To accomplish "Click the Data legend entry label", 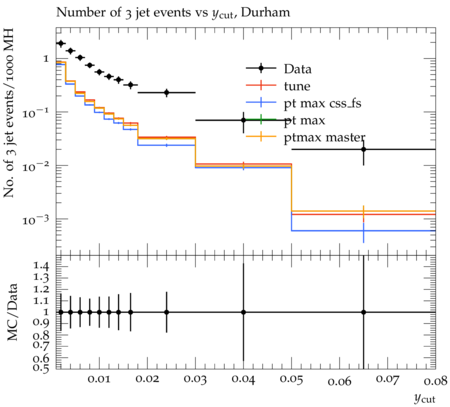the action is pyautogui.click(x=298, y=69).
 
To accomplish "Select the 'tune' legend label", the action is pyautogui.click(x=297, y=86).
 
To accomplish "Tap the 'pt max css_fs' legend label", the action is pyautogui.click(x=322, y=103).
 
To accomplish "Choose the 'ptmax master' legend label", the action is pyautogui.click(x=324, y=138).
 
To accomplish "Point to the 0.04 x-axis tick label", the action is pyautogui.click(x=243, y=379).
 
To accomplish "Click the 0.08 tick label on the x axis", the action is pyautogui.click(x=435, y=380).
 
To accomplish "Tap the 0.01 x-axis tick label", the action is pyautogui.click(x=99, y=379).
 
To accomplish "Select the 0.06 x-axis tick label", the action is pyautogui.click(x=339, y=381).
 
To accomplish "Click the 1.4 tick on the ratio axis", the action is pyautogui.click(x=41, y=266).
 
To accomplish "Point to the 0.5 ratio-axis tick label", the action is pyautogui.click(x=41, y=367).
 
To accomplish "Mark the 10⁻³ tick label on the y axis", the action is pyautogui.click(x=35, y=220).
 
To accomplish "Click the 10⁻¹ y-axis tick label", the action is pyautogui.click(x=35, y=113).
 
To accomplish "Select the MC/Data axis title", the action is pyautogui.click(x=12, y=312).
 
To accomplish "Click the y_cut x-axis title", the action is pyautogui.click(x=424, y=398).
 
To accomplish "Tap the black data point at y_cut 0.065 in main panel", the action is pyautogui.click(x=364, y=149).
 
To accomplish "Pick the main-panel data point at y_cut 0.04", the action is pyautogui.click(x=244, y=120).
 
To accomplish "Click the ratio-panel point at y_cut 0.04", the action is pyautogui.click(x=244, y=312).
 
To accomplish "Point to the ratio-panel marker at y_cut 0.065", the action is pyautogui.click(x=364, y=312).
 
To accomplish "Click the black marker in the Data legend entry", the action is pyautogui.click(x=261, y=68).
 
